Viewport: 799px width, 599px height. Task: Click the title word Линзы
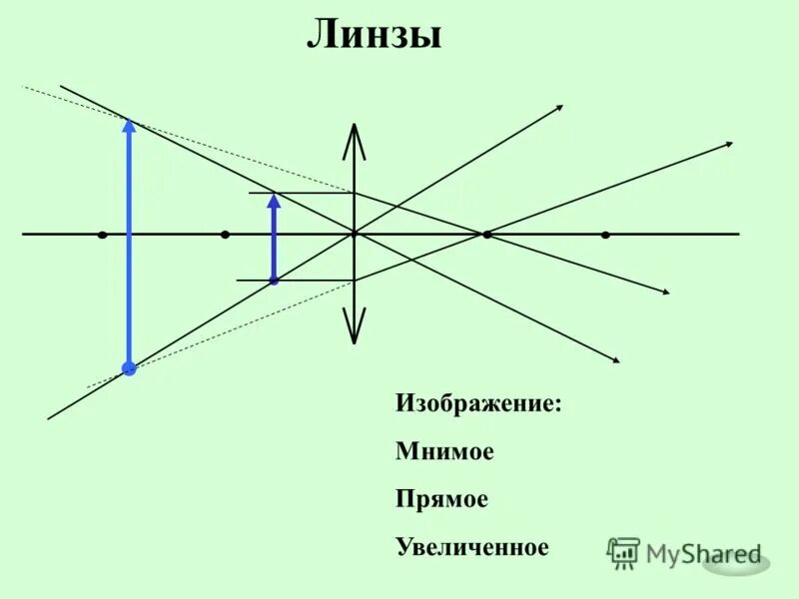pyautogui.click(x=374, y=36)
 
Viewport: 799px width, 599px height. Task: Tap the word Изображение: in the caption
pyautogui.click(x=478, y=404)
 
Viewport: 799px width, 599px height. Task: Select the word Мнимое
pyautogui.click(x=444, y=451)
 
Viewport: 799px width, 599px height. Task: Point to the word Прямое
pyautogui.click(x=441, y=499)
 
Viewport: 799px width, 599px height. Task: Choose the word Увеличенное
pyautogui.click(x=472, y=547)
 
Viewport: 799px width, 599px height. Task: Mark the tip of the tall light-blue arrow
pyautogui.click(x=129, y=124)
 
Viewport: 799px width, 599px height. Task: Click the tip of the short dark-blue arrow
pyautogui.click(x=274, y=198)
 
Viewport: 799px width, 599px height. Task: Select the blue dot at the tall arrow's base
pyautogui.click(x=129, y=368)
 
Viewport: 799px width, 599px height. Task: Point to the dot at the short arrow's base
pyautogui.click(x=274, y=281)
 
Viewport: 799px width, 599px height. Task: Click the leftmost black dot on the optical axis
pyautogui.click(x=103, y=235)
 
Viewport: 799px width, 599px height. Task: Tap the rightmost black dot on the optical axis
pyautogui.click(x=605, y=235)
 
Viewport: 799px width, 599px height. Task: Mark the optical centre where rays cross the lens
pyautogui.click(x=354, y=234)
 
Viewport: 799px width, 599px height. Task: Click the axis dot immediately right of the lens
pyautogui.click(x=485, y=235)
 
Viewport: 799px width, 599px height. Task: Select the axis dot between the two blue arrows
pyautogui.click(x=225, y=235)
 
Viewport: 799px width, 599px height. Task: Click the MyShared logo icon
pyautogui.click(x=624, y=552)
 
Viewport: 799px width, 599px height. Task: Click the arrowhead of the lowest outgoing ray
pyautogui.click(x=616, y=359)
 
